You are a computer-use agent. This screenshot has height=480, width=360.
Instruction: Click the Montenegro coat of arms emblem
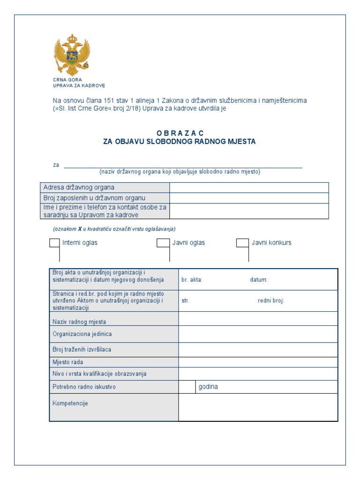point(72,55)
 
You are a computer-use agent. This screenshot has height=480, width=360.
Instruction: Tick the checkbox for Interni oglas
point(54,243)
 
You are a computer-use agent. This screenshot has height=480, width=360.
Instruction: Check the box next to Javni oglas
point(162,243)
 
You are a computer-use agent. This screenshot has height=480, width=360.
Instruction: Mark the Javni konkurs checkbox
point(242,243)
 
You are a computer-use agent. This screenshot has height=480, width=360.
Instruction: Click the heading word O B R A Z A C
point(180,133)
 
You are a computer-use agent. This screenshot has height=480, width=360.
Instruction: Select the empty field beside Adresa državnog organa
point(249,187)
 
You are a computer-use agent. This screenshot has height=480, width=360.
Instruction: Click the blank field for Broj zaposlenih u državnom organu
point(249,198)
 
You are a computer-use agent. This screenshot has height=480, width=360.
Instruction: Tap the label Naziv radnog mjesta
point(79,322)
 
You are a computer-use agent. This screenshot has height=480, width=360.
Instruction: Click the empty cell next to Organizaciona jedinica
point(258,334)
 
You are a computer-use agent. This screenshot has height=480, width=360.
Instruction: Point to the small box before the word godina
point(187,387)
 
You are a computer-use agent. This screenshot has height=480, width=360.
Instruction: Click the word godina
point(208,387)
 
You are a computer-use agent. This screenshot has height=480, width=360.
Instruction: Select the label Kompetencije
point(70,403)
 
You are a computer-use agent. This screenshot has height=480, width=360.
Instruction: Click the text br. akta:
point(192,280)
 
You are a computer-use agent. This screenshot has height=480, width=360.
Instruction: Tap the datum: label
point(259,280)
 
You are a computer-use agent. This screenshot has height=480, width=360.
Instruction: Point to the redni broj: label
point(271,301)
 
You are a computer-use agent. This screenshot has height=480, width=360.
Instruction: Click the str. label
point(185,301)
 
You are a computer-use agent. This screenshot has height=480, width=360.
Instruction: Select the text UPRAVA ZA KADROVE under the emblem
point(79,86)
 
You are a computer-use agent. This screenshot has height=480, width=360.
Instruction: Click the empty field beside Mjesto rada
point(258,362)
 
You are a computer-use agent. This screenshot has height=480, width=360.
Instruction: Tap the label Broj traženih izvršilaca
point(82,349)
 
